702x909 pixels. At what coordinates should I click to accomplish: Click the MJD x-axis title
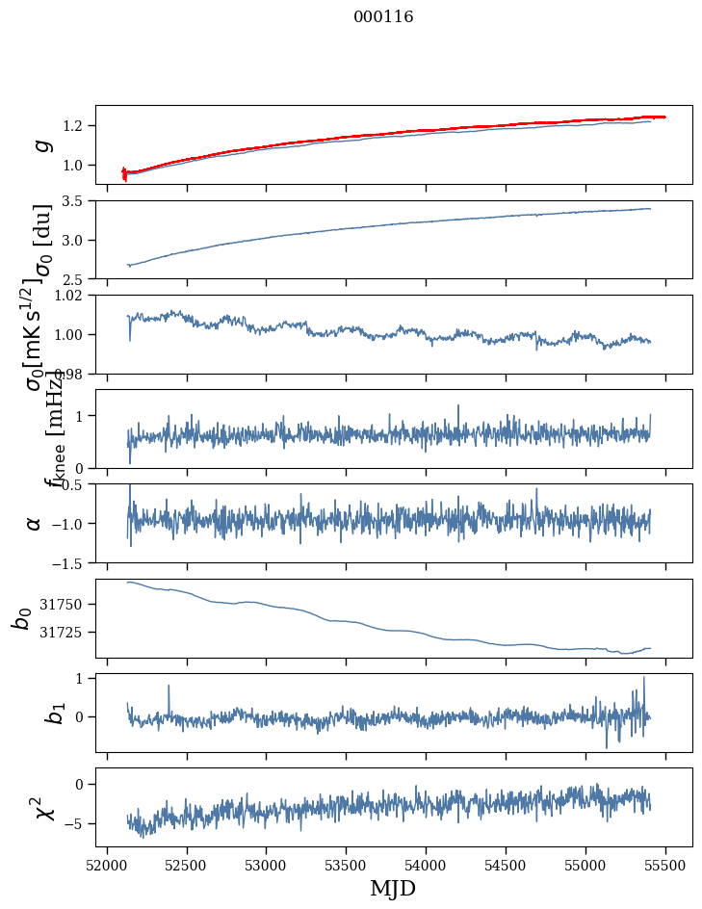(x=393, y=888)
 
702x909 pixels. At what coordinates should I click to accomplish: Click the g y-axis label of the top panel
(x=40, y=145)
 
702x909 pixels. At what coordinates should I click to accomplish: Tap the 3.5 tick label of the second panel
(x=76, y=201)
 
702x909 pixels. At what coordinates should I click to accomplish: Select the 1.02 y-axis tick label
(x=71, y=296)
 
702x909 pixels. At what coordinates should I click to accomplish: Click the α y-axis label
(x=35, y=523)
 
